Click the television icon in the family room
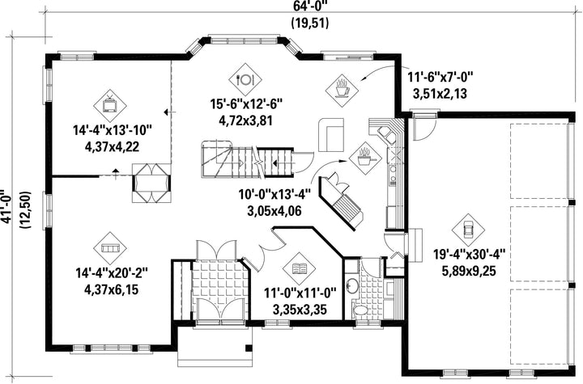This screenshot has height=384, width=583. pyautogui.click(x=109, y=105)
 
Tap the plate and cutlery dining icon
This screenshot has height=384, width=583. pyautogui.click(x=245, y=78)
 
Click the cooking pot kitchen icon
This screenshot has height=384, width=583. pyautogui.click(x=365, y=158)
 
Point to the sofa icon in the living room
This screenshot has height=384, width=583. pyautogui.click(x=109, y=248)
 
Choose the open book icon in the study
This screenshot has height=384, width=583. pyautogui.click(x=299, y=268)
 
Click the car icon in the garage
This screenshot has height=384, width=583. pyautogui.click(x=468, y=230)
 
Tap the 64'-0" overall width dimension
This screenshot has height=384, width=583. pyautogui.click(x=309, y=5)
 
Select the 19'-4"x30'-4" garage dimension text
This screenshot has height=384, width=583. pyautogui.click(x=469, y=255)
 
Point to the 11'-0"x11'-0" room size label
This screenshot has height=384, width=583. pyautogui.click(x=300, y=293)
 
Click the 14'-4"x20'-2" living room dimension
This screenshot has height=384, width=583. pyautogui.click(x=112, y=273)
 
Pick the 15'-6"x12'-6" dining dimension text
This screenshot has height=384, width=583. pyautogui.click(x=246, y=104)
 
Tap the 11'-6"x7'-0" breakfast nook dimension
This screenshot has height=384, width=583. pyautogui.click(x=440, y=78)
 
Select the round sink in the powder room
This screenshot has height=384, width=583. pyautogui.click(x=351, y=286)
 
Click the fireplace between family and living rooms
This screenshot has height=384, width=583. pyautogui.click(x=151, y=183)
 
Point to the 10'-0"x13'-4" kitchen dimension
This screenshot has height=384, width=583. pyautogui.click(x=274, y=194)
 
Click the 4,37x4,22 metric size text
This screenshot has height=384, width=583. pyautogui.click(x=112, y=146)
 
